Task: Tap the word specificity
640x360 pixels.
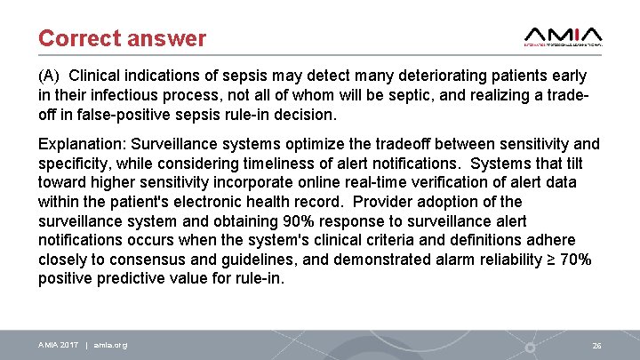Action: (x=74, y=164)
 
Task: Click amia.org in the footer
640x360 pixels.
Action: (x=110, y=345)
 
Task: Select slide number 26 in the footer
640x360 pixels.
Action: (x=597, y=345)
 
